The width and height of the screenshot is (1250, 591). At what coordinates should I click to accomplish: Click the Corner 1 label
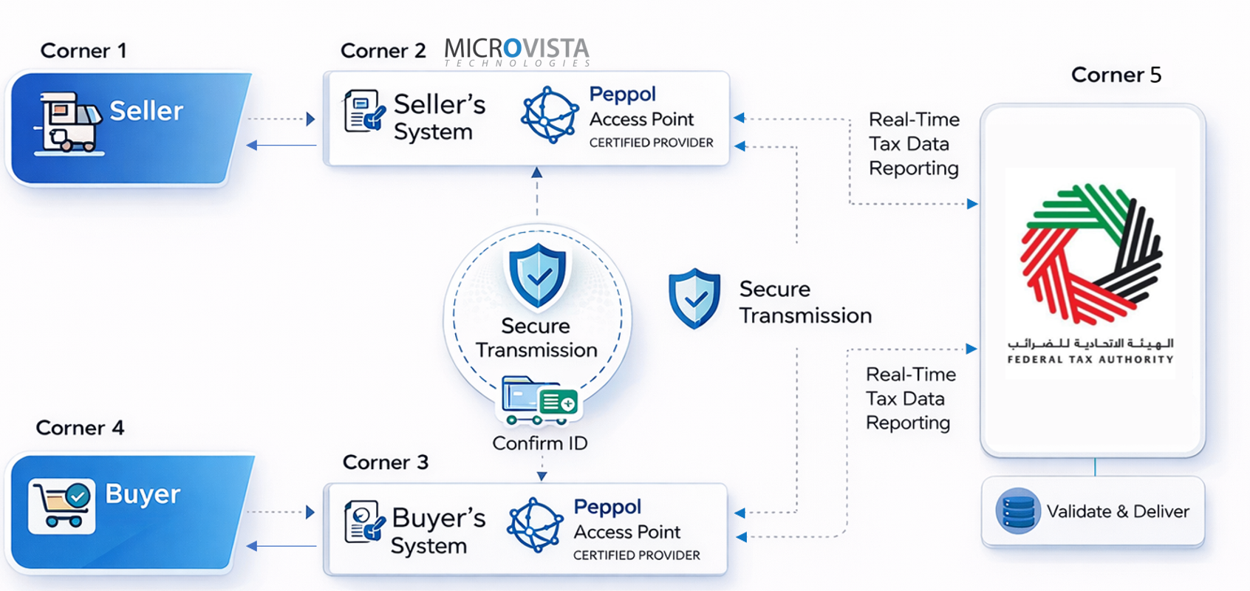(x=83, y=51)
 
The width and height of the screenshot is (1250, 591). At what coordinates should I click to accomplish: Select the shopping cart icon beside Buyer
(x=62, y=505)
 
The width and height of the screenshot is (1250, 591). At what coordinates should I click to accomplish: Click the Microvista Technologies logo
(x=516, y=52)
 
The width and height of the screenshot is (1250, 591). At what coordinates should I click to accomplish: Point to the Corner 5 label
(x=1116, y=75)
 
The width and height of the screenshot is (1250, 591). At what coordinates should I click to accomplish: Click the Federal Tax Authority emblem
(x=1090, y=255)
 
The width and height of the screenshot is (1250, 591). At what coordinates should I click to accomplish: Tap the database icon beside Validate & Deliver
(x=1017, y=511)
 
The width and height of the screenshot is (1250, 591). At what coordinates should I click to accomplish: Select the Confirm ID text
(x=539, y=443)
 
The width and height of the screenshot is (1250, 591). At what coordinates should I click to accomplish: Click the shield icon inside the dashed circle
(x=538, y=275)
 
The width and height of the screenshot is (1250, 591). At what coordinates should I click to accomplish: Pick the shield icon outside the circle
(x=694, y=298)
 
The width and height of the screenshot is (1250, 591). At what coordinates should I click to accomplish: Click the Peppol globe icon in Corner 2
(x=549, y=115)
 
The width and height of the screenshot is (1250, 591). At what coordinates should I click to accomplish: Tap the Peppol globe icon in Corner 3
(x=535, y=526)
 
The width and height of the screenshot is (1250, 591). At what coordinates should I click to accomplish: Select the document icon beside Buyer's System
(x=364, y=522)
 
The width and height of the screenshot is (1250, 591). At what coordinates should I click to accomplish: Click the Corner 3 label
(x=385, y=462)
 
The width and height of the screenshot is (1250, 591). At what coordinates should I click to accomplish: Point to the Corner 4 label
(x=80, y=428)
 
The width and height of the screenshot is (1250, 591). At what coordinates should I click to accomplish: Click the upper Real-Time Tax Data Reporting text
(x=914, y=144)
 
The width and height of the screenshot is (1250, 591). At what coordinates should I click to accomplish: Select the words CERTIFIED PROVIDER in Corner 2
(x=651, y=143)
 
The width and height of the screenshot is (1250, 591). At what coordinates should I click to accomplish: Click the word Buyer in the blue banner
(x=143, y=493)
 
